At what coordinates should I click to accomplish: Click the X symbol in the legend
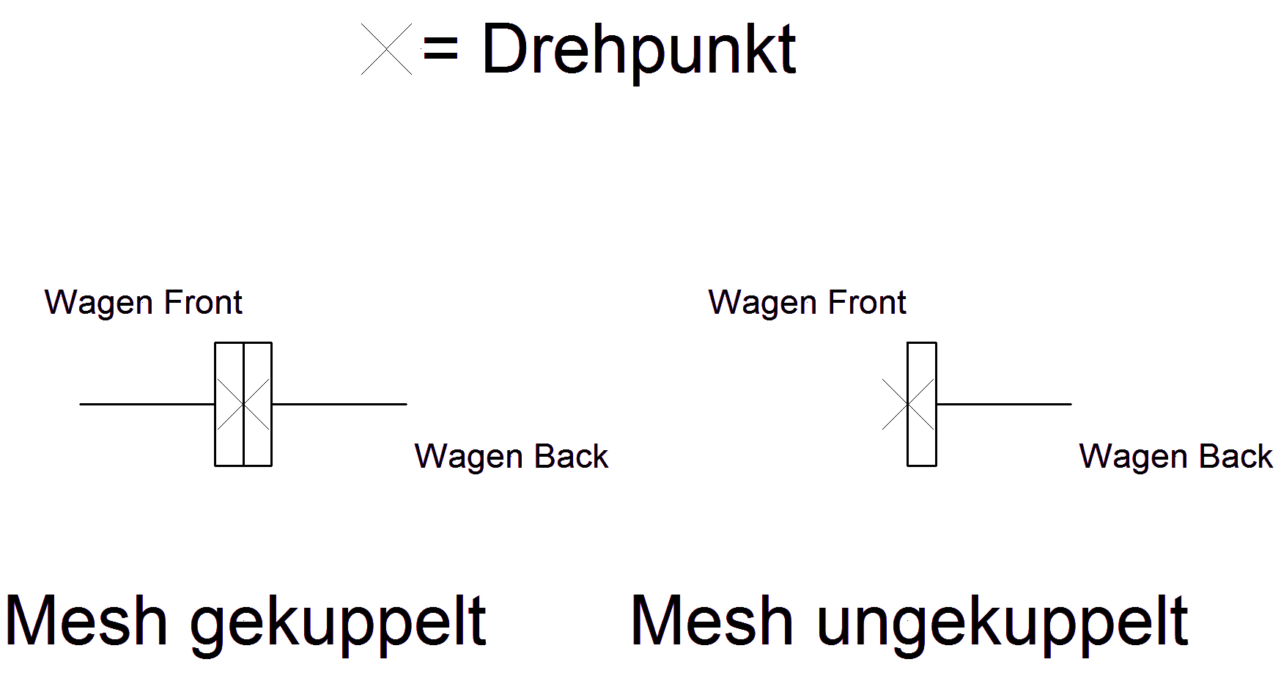[x=386, y=49]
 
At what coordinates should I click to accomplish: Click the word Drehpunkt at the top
[x=639, y=50]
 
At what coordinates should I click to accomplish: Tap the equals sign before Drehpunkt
[x=440, y=50]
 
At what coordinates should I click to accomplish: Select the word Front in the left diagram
[x=203, y=302]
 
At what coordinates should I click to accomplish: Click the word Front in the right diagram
[x=867, y=302]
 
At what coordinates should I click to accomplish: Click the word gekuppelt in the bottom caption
[x=338, y=622]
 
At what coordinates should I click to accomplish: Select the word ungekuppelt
[x=1002, y=622]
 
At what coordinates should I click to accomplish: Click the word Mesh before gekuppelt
[x=86, y=621]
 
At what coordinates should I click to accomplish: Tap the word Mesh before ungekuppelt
[x=712, y=621]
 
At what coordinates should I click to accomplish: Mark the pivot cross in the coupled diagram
[x=243, y=404]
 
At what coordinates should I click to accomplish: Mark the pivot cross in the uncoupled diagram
[x=908, y=404]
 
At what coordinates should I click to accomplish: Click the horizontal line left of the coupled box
[x=147, y=404]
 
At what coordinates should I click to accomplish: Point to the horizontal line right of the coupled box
[x=339, y=404]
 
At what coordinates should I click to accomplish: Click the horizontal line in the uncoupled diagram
[x=1004, y=404]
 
